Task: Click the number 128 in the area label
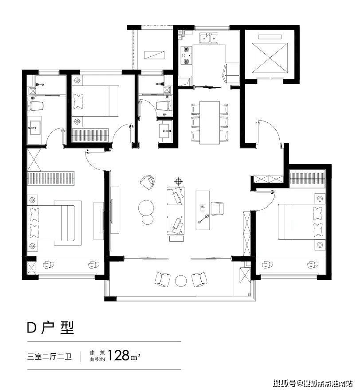coord(118,356)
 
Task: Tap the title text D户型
coord(51,328)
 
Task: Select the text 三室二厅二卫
coord(49,356)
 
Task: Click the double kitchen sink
coord(208,38)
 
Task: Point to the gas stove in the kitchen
coord(187,55)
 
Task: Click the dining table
coord(210,122)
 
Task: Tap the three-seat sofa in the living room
coord(176,211)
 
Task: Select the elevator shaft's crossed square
coord(270,58)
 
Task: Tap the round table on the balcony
coord(181,281)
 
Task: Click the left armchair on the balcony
coord(163,279)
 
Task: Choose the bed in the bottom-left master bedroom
coord(51,223)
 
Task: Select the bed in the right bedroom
coord(301,222)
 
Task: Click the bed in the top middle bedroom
coord(95,101)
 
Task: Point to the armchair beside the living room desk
coord(217,208)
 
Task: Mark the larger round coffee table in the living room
coord(146,207)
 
